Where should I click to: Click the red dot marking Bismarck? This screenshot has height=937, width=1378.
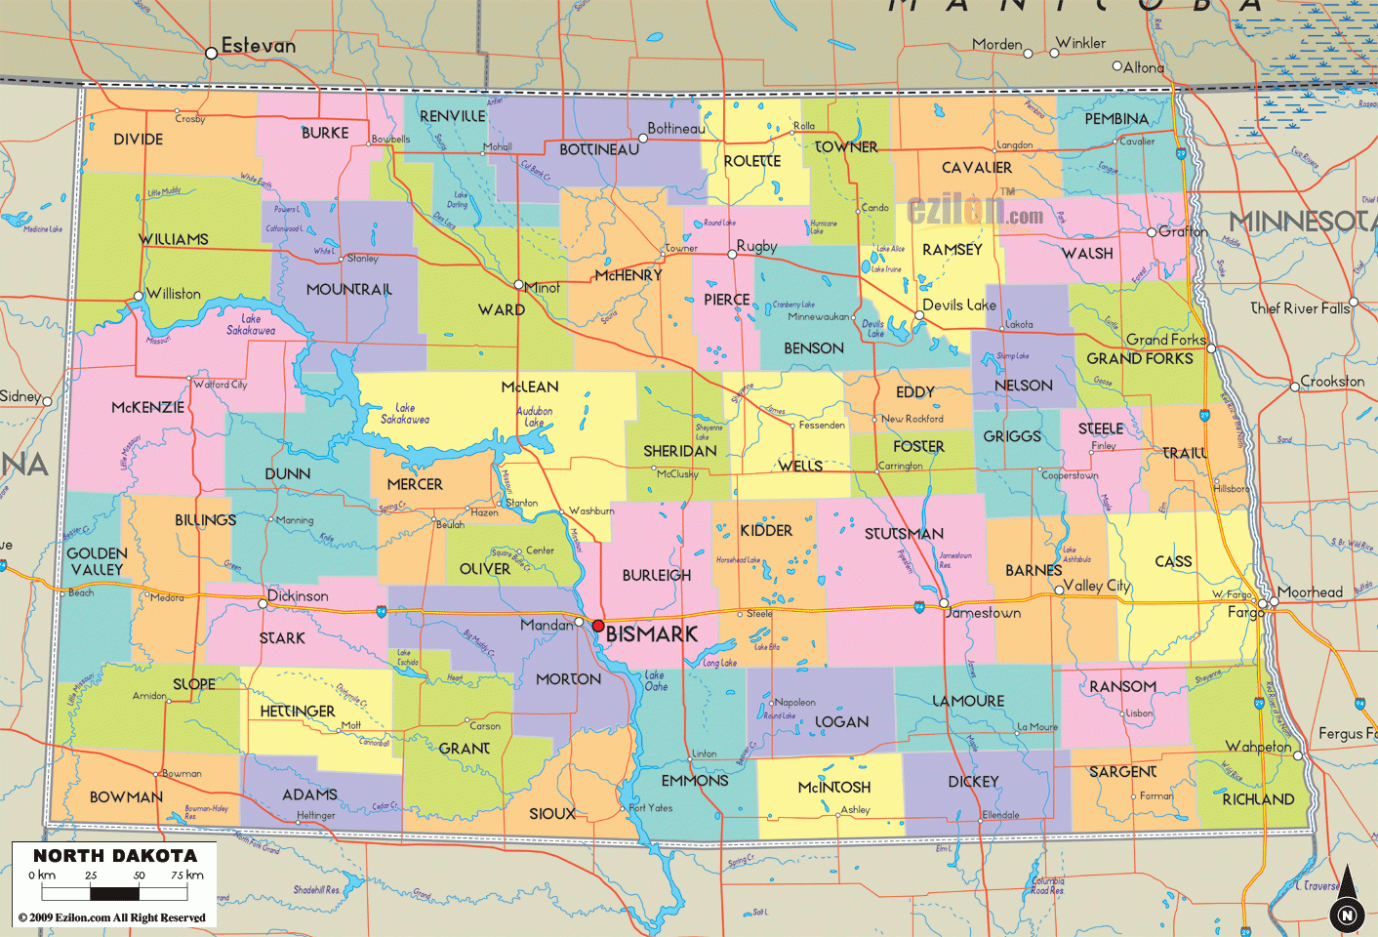(x=598, y=626)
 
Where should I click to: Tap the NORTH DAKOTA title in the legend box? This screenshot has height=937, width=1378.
(x=115, y=856)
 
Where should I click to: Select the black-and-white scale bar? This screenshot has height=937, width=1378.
(x=114, y=892)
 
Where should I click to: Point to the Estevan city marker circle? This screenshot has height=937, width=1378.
(x=211, y=53)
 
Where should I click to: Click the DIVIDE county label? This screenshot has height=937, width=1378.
(x=138, y=140)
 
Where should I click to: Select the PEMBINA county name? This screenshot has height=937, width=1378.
(x=1116, y=119)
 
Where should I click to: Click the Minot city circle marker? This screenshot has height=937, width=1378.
(x=519, y=285)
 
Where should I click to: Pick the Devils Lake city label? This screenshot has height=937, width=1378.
(x=959, y=305)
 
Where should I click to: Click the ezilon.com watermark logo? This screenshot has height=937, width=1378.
(x=974, y=210)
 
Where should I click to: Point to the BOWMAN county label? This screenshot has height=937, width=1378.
(x=126, y=797)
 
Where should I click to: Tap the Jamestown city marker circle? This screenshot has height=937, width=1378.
(x=945, y=603)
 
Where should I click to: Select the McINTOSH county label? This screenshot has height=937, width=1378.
(x=833, y=787)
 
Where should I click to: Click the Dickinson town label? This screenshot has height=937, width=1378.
(x=298, y=595)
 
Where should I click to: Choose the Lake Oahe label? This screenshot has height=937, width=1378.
(x=656, y=680)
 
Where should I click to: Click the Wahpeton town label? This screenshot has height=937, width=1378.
(x=1258, y=747)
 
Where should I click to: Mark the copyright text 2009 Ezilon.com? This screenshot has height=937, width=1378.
(x=112, y=917)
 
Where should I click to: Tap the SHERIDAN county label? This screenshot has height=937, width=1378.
(x=679, y=451)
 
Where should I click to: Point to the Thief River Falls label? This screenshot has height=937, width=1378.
(x=1300, y=308)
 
